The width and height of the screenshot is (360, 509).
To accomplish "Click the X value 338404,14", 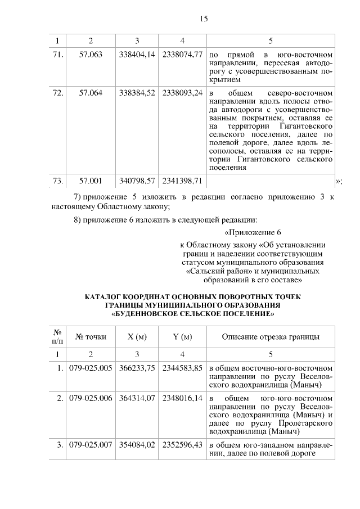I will (137, 55).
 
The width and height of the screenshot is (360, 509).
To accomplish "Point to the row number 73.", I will (57, 181).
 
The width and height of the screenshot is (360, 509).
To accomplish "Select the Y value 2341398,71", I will (182, 181).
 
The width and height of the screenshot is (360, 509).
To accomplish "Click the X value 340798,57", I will (137, 181).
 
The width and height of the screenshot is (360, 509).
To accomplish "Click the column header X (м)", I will (137, 337).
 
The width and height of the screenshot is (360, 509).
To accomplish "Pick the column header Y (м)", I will (182, 337).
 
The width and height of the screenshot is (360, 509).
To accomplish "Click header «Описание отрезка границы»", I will (271, 337).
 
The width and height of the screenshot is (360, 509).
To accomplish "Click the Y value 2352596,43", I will (182, 446).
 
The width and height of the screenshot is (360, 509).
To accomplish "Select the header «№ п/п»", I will (57, 337).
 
